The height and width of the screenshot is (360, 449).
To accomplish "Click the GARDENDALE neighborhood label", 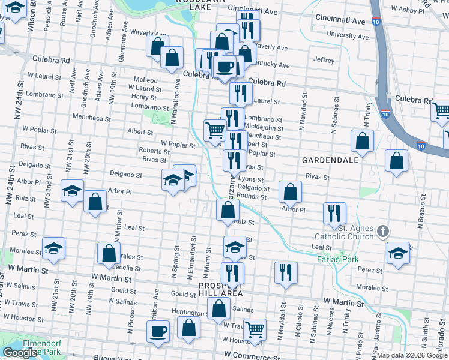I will pos(330,161).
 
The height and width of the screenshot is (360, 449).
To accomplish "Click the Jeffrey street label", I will pos(323,60).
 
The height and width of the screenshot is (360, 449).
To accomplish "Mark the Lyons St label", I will pos(251,179).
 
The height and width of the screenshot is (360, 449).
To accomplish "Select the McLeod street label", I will pos(146,80).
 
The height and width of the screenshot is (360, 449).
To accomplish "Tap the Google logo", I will pos(20,353).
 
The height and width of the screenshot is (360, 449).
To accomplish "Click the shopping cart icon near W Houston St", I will pos(255,329).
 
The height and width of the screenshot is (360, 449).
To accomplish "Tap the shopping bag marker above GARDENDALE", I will pos(363,142).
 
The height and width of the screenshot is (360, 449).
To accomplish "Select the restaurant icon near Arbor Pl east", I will pos(334,213).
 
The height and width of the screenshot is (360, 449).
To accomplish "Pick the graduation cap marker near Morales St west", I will pos(53,248).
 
